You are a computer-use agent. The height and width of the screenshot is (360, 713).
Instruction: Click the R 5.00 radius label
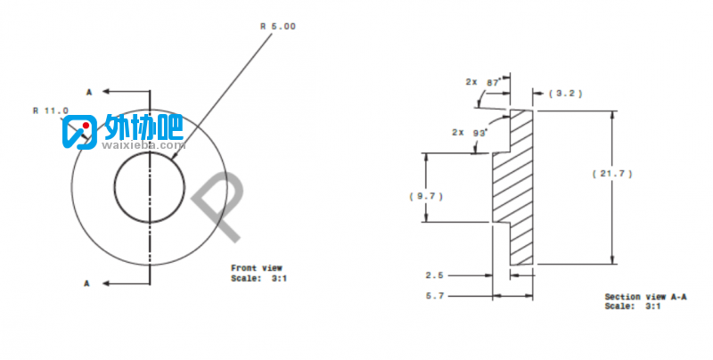(278, 27)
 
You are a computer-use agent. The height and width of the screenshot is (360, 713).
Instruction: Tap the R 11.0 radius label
(51, 110)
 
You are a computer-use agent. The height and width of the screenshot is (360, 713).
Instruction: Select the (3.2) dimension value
(565, 94)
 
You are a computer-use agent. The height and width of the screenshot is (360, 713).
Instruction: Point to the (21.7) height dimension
(612, 174)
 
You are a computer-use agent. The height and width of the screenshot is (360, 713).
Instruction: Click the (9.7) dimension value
(426, 196)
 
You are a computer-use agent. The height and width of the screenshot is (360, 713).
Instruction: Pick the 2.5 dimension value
(434, 275)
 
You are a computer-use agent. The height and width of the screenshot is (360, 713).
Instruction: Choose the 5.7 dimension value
(434, 296)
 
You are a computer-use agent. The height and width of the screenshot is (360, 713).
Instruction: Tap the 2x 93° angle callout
(470, 132)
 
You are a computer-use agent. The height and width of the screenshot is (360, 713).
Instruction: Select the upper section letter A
(89, 93)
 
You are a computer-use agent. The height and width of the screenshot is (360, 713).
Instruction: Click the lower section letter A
(86, 283)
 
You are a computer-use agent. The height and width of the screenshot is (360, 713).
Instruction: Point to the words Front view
(257, 268)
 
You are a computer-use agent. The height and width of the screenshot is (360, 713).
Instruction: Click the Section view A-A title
(645, 297)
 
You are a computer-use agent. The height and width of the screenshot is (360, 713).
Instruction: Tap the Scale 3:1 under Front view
(258, 278)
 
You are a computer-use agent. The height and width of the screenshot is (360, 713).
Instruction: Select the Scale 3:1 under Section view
(633, 307)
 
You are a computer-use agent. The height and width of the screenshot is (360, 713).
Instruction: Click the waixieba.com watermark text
(143, 145)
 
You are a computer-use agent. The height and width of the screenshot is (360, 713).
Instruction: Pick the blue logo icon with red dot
(79, 132)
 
